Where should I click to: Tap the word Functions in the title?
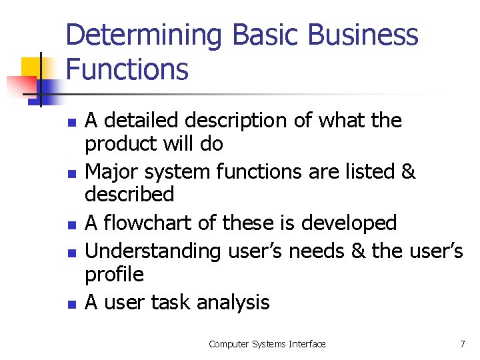click(127, 69)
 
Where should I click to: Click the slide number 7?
click(462, 344)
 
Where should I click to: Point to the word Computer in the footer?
click(229, 344)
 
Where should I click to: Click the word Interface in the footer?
click(307, 344)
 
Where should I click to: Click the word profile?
click(114, 274)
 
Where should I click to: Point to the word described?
click(129, 195)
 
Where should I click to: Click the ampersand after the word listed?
click(408, 171)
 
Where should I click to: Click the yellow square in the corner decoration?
click(29, 67)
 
